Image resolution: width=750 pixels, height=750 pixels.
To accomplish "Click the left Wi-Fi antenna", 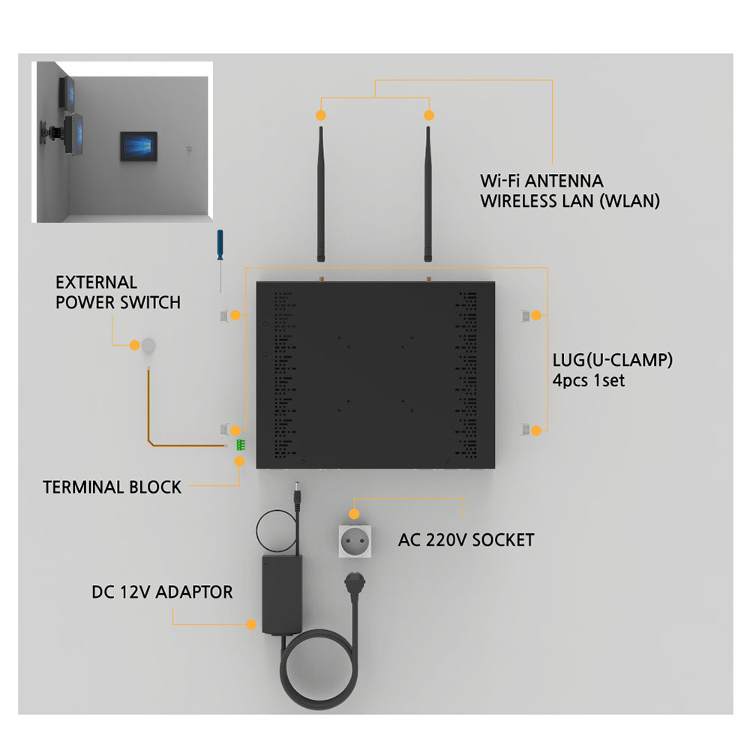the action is point(321,193).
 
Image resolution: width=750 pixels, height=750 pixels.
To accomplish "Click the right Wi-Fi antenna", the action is point(428,193).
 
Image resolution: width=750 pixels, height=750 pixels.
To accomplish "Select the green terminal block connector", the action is point(241,445).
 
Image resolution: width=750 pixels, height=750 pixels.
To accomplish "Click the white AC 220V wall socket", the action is point(355,541).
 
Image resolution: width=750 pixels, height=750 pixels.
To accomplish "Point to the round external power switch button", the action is point(148,345).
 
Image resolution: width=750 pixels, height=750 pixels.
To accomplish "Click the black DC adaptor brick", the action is point(282,595).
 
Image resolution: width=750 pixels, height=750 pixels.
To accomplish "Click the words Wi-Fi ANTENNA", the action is point(541,181).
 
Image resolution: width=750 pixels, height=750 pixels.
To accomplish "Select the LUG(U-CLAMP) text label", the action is point(613,360).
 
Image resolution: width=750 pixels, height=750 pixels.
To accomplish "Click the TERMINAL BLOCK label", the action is point(112,487).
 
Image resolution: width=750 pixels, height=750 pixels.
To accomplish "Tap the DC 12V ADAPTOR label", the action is point(162,592).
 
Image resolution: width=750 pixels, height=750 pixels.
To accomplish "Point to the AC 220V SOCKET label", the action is point(466,540).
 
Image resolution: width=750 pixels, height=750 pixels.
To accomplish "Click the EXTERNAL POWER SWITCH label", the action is point(118,292).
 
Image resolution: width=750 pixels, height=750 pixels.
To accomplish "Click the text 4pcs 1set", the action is point(589,381).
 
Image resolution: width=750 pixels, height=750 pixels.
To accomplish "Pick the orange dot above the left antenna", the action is point(321,115).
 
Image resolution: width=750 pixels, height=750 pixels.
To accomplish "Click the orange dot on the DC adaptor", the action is point(251,624).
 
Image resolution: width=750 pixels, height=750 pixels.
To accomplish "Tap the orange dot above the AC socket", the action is point(354,514).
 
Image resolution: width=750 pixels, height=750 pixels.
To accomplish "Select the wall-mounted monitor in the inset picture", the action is point(138,146).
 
